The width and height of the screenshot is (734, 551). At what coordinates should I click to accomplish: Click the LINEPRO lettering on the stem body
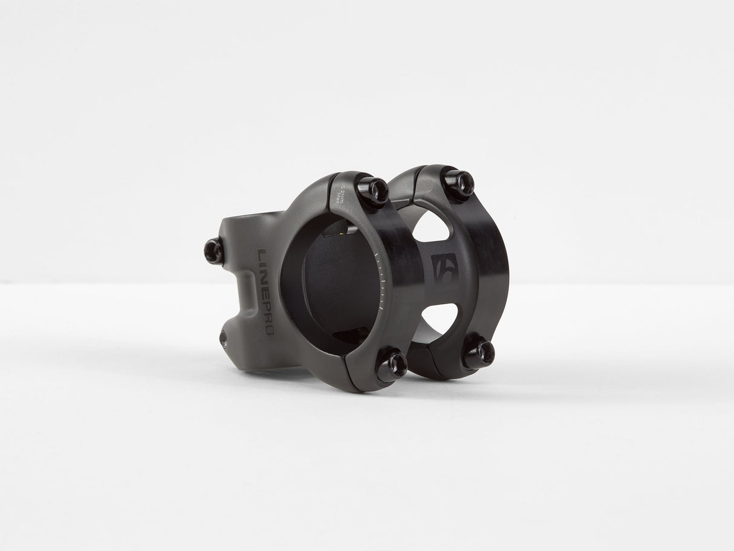(x=266, y=291)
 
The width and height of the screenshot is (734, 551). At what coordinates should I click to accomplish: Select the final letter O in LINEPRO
(x=268, y=330)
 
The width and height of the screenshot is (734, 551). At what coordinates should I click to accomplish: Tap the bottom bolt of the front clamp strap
(x=391, y=365)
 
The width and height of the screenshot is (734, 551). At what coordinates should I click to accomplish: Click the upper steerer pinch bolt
(x=214, y=250)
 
